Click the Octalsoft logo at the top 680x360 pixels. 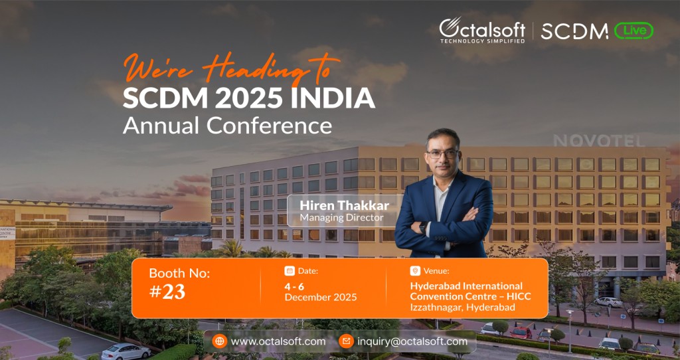[x=481, y=30]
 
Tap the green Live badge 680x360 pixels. [x=634, y=31]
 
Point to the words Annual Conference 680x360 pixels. [x=227, y=125]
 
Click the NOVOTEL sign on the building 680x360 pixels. [x=598, y=141]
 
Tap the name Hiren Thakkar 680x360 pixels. [x=343, y=205]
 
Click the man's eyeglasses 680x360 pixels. [x=442, y=153]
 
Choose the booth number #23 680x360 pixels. [x=167, y=292]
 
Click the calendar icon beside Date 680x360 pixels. [x=290, y=271]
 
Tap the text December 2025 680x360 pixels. [x=321, y=297]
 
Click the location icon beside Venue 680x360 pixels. [x=415, y=271]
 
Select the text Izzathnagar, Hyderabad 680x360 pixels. [x=462, y=307]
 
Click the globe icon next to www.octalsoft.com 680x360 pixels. [x=219, y=341]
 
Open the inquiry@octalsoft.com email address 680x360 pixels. [x=412, y=341]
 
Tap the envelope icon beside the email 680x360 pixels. [x=345, y=341]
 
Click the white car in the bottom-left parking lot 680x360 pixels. [x=126, y=351]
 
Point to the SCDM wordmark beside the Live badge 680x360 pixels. [x=574, y=31]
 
